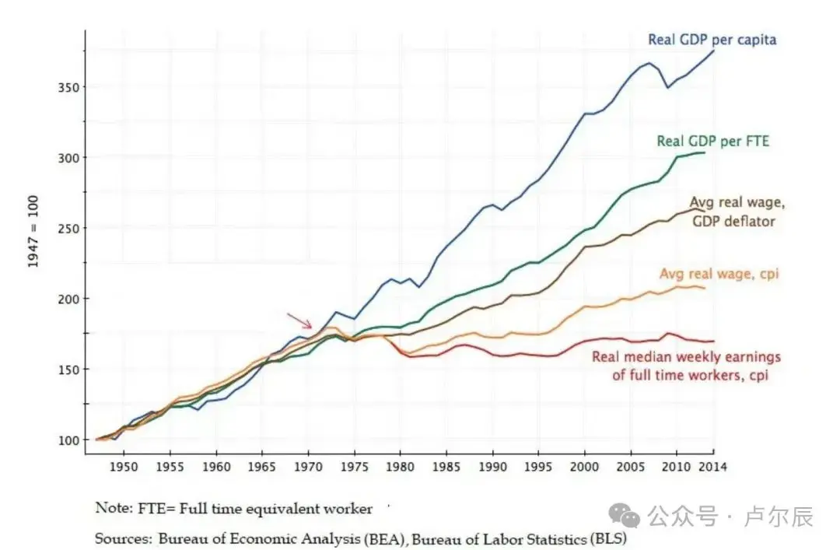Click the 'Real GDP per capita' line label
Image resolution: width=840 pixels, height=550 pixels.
(712, 40)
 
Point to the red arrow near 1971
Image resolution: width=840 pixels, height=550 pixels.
(299, 321)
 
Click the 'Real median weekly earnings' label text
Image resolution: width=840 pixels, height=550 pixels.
(686, 357)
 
